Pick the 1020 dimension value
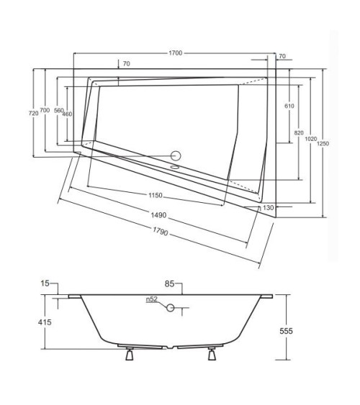(309, 140)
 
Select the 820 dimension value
(298, 134)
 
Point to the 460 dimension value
(67, 114)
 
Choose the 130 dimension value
(268, 208)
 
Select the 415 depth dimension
(43, 323)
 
